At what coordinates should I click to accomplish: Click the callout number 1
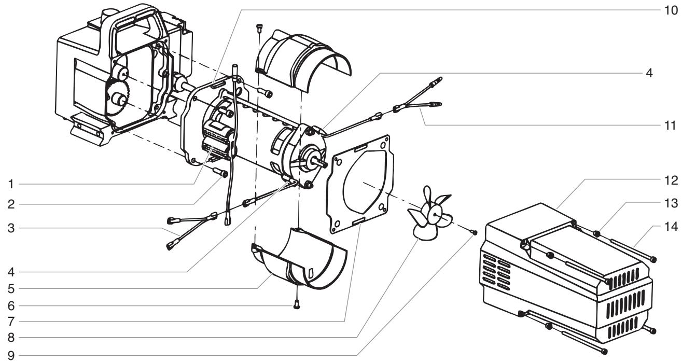(7, 184)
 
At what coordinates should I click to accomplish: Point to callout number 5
(7, 286)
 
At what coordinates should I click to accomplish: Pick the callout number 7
(7, 321)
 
